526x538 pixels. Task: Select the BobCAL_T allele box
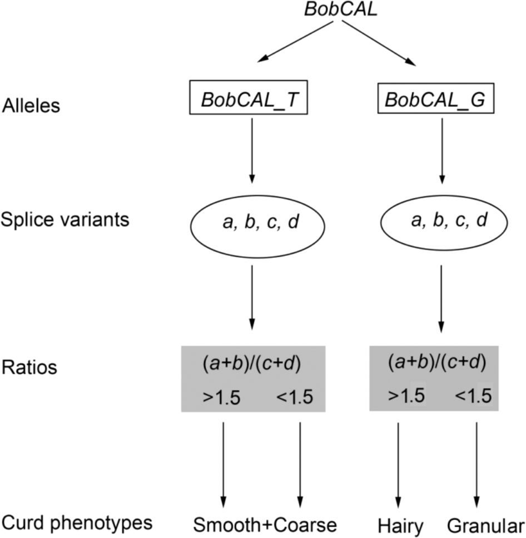click(251, 101)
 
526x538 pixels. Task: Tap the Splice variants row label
click(65, 218)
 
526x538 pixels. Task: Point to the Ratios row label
click(27, 368)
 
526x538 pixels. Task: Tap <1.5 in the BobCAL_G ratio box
click(474, 397)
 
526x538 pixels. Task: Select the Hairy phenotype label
click(400, 526)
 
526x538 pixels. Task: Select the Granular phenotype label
click(484, 526)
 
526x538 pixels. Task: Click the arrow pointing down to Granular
click(477, 462)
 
